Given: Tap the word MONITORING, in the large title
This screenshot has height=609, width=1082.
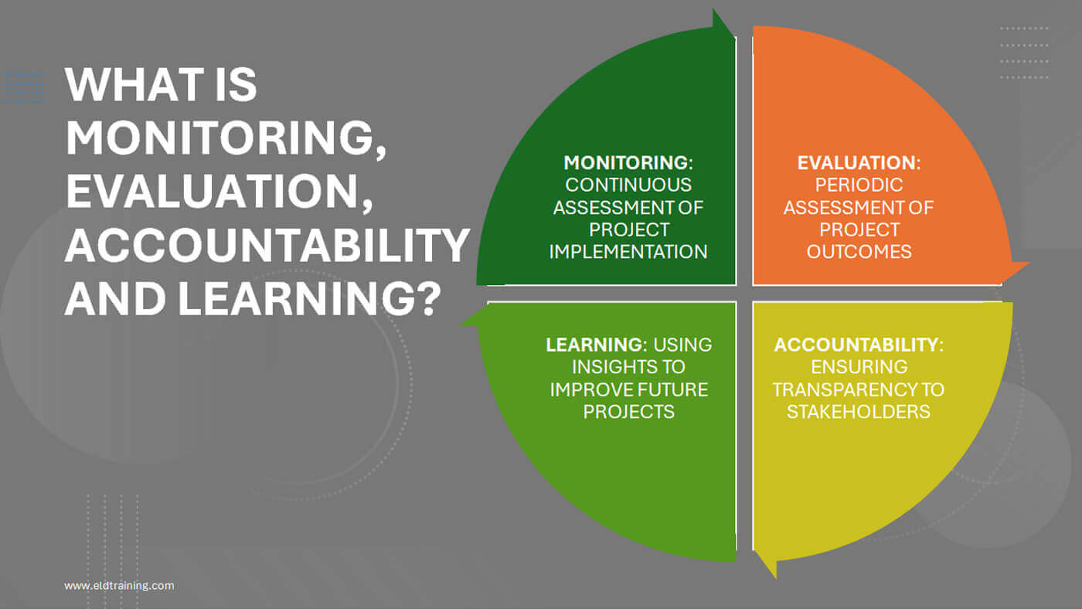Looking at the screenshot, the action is coord(226,138).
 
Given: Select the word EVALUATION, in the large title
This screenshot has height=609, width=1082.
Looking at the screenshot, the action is coord(219,192).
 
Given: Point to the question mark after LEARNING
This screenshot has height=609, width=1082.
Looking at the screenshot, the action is coord(428,299).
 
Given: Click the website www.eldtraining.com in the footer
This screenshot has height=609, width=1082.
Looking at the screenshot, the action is coord(119,585).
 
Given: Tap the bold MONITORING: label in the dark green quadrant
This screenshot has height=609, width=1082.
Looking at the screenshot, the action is coord(628,163).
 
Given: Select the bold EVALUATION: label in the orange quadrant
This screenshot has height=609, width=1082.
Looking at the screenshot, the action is coord(859,163).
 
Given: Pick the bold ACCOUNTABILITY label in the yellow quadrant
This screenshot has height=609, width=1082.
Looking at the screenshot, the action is coord(856,345).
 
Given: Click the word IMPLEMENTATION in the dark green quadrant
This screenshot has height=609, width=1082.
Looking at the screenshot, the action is coord(628,252).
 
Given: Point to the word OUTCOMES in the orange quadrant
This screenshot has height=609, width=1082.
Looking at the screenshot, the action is coord(859,252).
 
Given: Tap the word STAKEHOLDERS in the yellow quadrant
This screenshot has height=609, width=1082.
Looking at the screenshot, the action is coord(859,411).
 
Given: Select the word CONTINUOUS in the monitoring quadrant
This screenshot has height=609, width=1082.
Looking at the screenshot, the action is coord(628,185).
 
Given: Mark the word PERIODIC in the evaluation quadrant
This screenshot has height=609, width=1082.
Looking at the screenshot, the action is coord(859,185).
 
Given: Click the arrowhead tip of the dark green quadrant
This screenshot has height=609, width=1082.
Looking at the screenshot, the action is coord(713,9).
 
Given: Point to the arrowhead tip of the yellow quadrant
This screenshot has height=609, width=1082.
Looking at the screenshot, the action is coord(776,578).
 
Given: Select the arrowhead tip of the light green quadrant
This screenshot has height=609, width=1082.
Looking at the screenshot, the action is coord(461,325).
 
